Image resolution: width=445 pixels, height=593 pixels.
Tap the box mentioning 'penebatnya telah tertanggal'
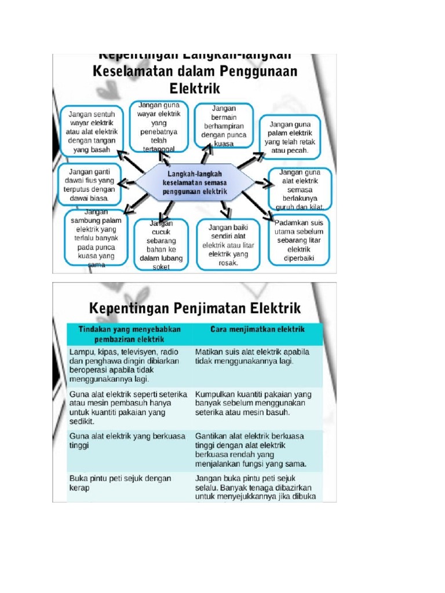159,125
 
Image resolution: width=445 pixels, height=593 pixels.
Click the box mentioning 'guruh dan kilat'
300,189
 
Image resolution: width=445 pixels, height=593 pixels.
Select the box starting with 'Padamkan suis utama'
298,240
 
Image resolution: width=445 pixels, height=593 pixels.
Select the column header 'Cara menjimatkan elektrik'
257,329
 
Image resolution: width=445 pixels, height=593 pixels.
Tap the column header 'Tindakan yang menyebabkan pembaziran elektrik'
129,334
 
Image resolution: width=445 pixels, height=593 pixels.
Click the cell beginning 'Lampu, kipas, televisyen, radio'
124,365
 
